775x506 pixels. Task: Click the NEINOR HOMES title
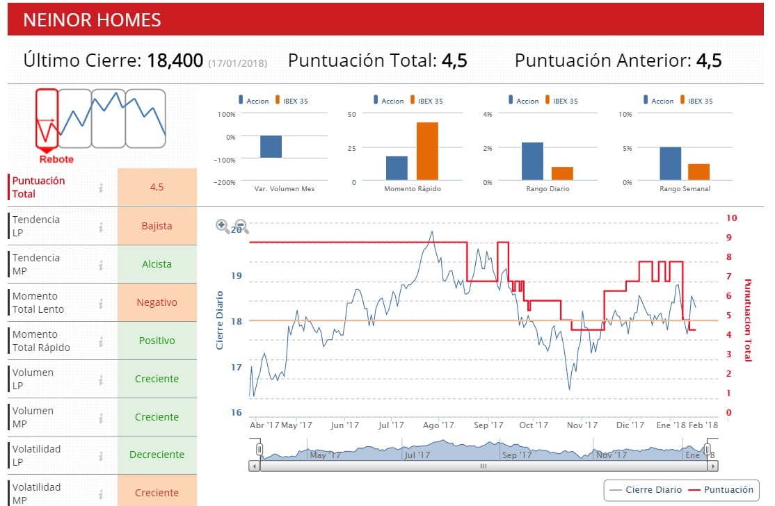[92, 20]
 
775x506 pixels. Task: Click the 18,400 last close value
[175, 60]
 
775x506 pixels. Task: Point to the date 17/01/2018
[237, 63]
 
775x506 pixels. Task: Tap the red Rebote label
[56, 159]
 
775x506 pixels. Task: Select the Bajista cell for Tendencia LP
[157, 226]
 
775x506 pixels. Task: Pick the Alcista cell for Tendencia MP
[157, 264]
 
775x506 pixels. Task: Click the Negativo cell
[157, 302]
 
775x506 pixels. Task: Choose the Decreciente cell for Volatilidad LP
[157, 455]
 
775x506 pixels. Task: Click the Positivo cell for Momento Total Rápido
[157, 341]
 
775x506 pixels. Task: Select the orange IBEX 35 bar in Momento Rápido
[427, 152]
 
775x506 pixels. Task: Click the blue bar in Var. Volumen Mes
[271, 147]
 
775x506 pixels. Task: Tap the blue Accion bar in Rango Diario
[532, 161]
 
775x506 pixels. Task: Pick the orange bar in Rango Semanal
[698, 172]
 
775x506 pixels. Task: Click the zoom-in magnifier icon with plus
[223, 226]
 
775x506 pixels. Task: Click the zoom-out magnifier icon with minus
[241, 226]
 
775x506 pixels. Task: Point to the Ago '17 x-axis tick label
[438, 425]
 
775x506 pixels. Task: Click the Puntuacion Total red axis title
[748, 320]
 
